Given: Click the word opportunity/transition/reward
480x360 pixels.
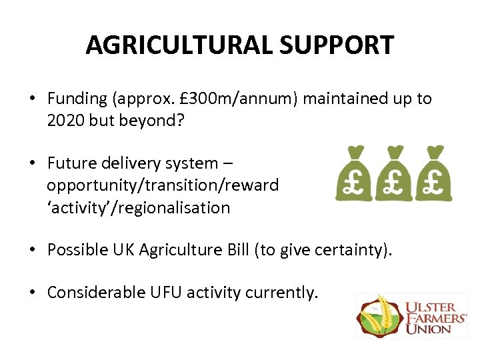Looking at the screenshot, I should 163,185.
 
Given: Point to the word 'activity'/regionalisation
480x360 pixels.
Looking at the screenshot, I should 138,207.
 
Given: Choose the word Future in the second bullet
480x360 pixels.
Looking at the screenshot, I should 72,163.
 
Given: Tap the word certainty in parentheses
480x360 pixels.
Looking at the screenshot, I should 360,249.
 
